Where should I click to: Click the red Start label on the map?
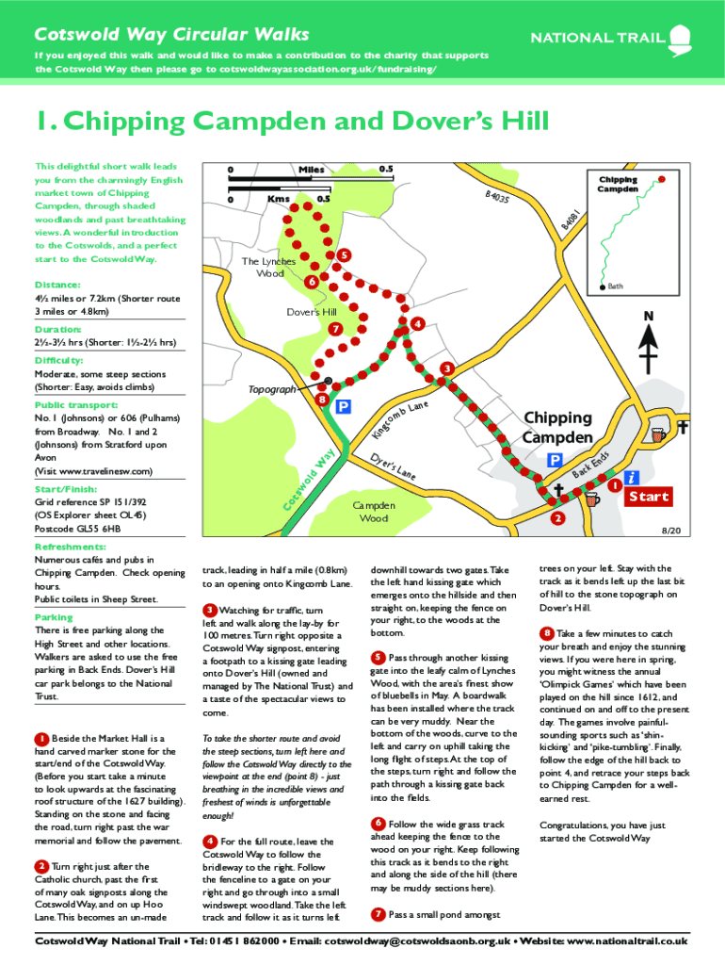pos(649,497)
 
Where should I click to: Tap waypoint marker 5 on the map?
pos(345,255)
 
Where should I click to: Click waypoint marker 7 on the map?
pos(335,329)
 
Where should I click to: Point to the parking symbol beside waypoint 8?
pos(344,406)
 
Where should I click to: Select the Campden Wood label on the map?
pos(374,512)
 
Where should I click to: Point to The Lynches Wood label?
pos(268,267)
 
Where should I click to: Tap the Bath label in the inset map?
pos(615,286)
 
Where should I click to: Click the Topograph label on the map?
pos(272,388)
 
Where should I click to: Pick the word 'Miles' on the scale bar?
pos(311,170)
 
